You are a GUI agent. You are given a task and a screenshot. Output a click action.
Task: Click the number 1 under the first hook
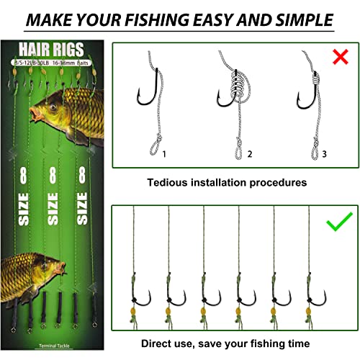165,153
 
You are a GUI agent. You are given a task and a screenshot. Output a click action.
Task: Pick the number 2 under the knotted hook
249,153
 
